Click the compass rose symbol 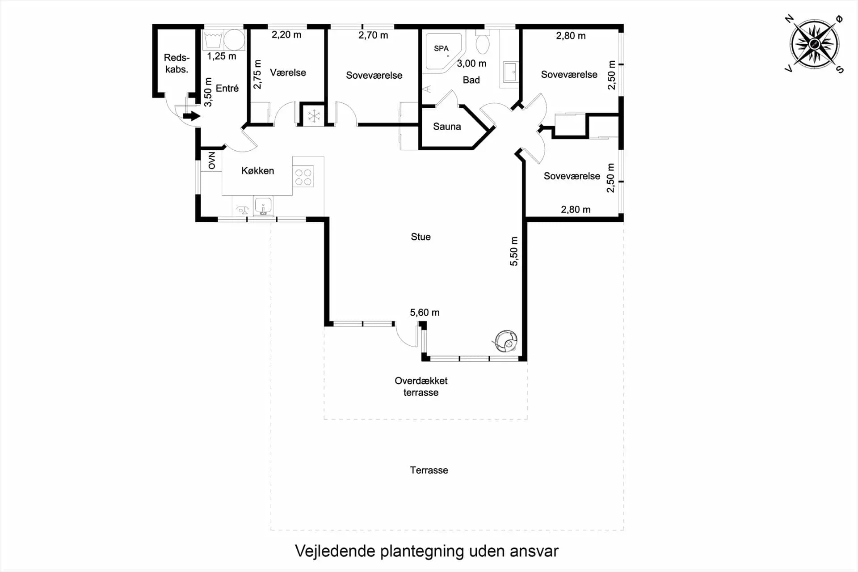(x=814, y=44)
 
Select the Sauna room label (x=446, y=127)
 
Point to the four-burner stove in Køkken (x=303, y=176)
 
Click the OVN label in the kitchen (x=212, y=161)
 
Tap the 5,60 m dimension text (x=425, y=313)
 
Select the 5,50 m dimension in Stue (x=514, y=251)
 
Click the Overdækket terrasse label (x=421, y=386)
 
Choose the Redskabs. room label (x=177, y=64)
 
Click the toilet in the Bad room (x=483, y=43)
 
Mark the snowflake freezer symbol (x=314, y=116)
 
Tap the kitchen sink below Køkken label (x=263, y=206)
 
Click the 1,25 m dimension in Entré (x=222, y=56)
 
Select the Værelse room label (x=288, y=72)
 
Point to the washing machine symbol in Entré (x=234, y=40)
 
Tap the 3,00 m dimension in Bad (x=471, y=64)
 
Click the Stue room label (x=421, y=237)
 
